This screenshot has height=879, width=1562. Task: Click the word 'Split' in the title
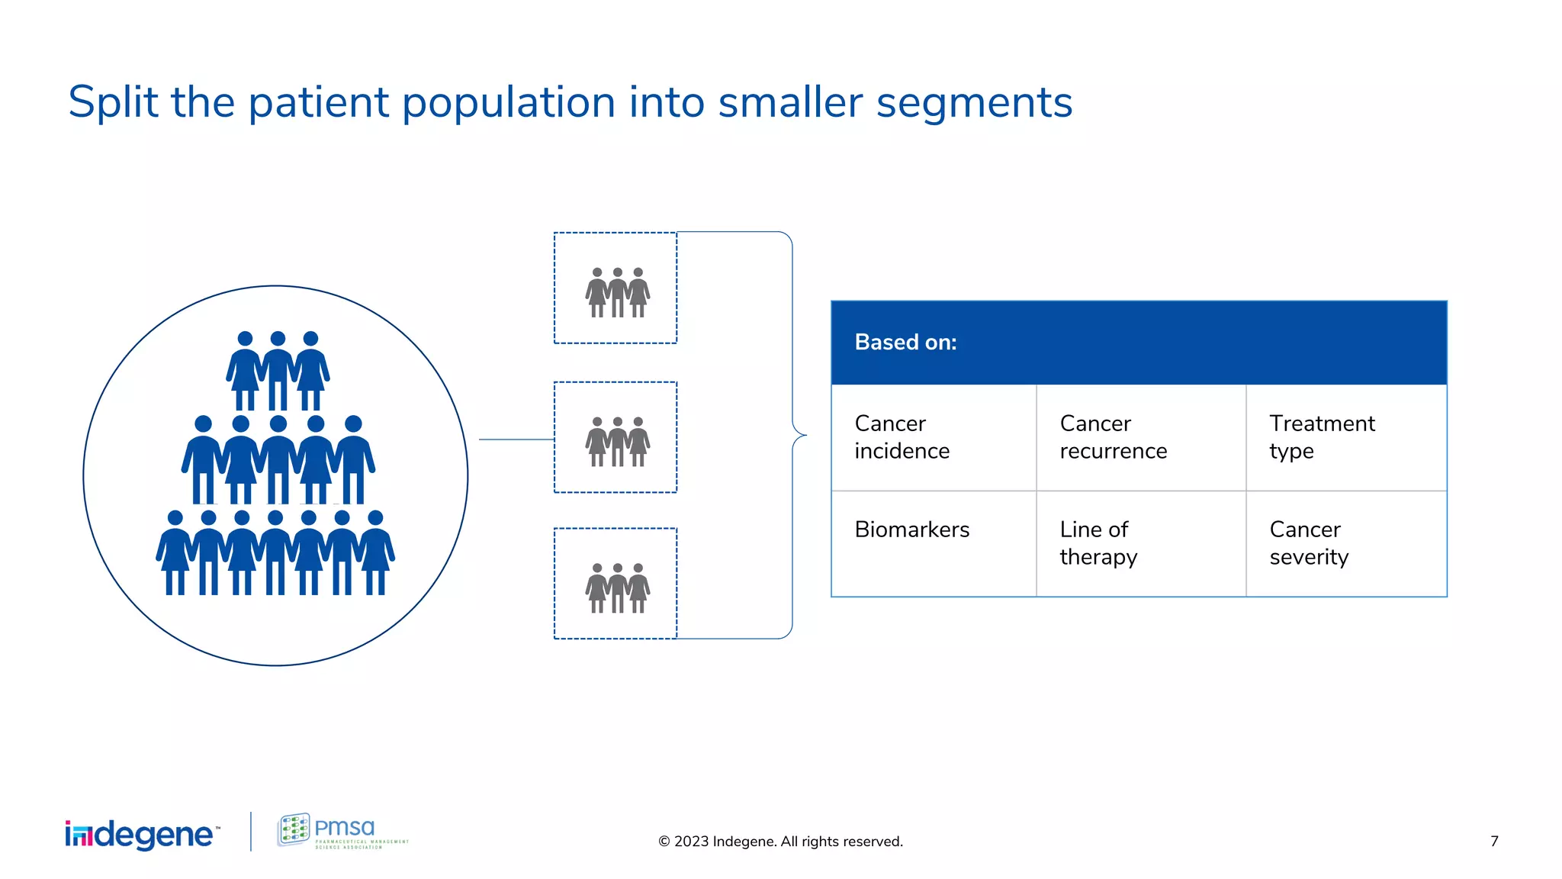click(113, 103)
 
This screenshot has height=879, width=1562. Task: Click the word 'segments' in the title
click(974, 103)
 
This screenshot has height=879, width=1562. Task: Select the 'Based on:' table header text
click(905, 343)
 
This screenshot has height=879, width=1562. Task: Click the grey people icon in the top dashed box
click(617, 293)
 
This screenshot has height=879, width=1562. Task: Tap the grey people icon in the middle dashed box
click(617, 442)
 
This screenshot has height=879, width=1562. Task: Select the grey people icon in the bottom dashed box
click(617, 588)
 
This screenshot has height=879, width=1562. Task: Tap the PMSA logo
click(342, 831)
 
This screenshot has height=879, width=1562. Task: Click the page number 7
click(1494, 842)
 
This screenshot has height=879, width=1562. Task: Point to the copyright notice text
click(780, 842)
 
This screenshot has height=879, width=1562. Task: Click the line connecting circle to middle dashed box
click(516, 439)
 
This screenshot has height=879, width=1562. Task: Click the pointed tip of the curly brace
click(804, 436)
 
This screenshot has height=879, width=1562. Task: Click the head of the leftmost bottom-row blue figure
click(175, 518)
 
